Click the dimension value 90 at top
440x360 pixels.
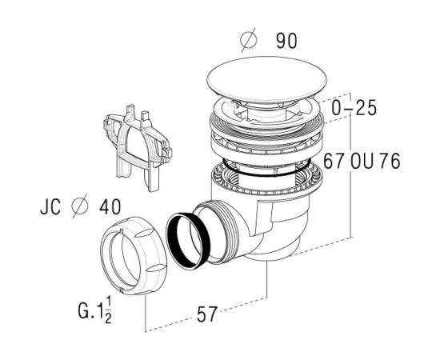[x=286, y=41]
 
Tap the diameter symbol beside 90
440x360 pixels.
[x=249, y=40]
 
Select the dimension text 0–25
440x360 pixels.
[x=354, y=108]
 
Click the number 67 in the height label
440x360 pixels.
[x=334, y=161]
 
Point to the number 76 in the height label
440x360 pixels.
[x=390, y=161]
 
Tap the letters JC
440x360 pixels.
[x=50, y=206]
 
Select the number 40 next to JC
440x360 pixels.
[x=110, y=206]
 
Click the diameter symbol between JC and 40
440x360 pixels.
[x=80, y=206]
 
